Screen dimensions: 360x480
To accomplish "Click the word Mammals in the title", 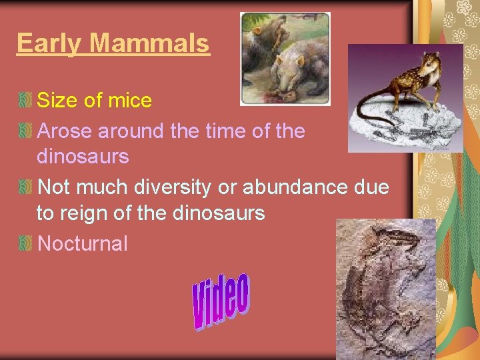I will point(150,43).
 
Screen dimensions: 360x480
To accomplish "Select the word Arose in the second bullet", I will point(65,131).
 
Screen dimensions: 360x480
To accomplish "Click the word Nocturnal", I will point(82,243).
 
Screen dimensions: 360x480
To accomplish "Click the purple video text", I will point(221,302).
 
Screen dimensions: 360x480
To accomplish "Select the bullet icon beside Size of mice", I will point(25,101).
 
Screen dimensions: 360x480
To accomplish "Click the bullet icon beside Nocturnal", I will point(25,244).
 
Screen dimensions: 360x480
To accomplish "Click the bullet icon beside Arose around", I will point(25,131).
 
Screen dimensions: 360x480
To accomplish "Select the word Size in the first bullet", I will point(56,101).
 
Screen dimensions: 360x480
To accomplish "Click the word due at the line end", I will point(372,187).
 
